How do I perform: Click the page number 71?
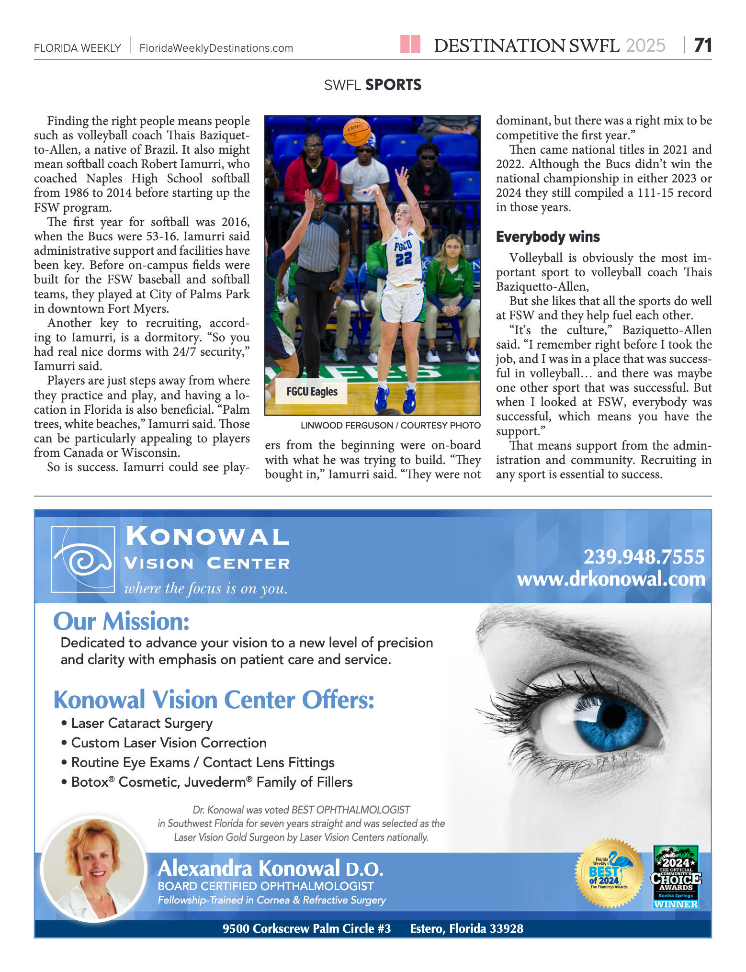[x=702, y=45]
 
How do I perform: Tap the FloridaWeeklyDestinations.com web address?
[x=216, y=48]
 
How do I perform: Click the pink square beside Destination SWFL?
[x=410, y=44]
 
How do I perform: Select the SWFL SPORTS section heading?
[x=373, y=85]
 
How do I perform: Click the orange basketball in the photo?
[x=357, y=132]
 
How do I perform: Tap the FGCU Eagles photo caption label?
[x=312, y=392]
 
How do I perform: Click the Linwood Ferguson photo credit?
[x=390, y=425]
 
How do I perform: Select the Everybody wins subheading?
[x=548, y=237]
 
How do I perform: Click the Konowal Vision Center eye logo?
[x=83, y=559]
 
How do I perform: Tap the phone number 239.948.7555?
[x=644, y=557]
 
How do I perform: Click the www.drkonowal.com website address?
[x=611, y=579]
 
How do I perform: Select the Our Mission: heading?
[x=122, y=622]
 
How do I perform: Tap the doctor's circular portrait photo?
[x=94, y=868]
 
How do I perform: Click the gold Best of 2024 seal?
[x=609, y=873]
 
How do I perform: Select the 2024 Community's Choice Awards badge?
[x=676, y=877]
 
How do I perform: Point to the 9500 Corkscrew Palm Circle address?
[x=306, y=928]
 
